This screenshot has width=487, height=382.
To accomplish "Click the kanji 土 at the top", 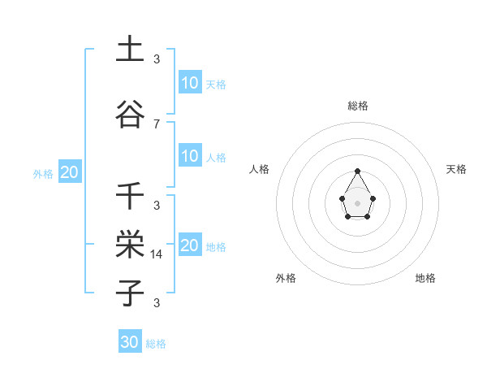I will click(x=130, y=50).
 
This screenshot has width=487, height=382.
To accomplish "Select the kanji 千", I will click(x=130, y=196).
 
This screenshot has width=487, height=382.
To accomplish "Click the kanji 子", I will click(x=130, y=293).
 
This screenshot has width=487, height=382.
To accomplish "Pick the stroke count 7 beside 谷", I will click(x=157, y=124).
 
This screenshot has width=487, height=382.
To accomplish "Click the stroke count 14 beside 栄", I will click(x=157, y=254).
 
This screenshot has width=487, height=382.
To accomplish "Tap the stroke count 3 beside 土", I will click(x=157, y=59).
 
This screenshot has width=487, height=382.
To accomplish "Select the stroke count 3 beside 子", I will click(x=157, y=303).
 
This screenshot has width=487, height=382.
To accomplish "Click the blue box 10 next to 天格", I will click(x=189, y=83).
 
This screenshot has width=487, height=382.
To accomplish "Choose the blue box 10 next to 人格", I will click(x=189, y=156).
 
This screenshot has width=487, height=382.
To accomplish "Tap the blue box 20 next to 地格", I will click(x=189, y=245).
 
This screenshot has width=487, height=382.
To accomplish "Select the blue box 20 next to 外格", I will click(x=69, y=172).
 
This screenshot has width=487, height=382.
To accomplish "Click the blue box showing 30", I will click(x=130, y=342).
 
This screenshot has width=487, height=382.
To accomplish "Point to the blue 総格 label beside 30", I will click(x=156, y=344).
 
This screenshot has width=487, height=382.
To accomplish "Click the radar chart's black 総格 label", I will click(x=357, y=106).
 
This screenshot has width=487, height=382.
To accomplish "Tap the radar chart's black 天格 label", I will click(x=456, y=169).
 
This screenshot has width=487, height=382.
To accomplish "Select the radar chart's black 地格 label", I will click(x=425, y=278).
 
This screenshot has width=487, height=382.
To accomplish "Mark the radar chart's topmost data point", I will click(x=357, y=171).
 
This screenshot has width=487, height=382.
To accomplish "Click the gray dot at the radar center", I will click(x=357, y=202).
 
